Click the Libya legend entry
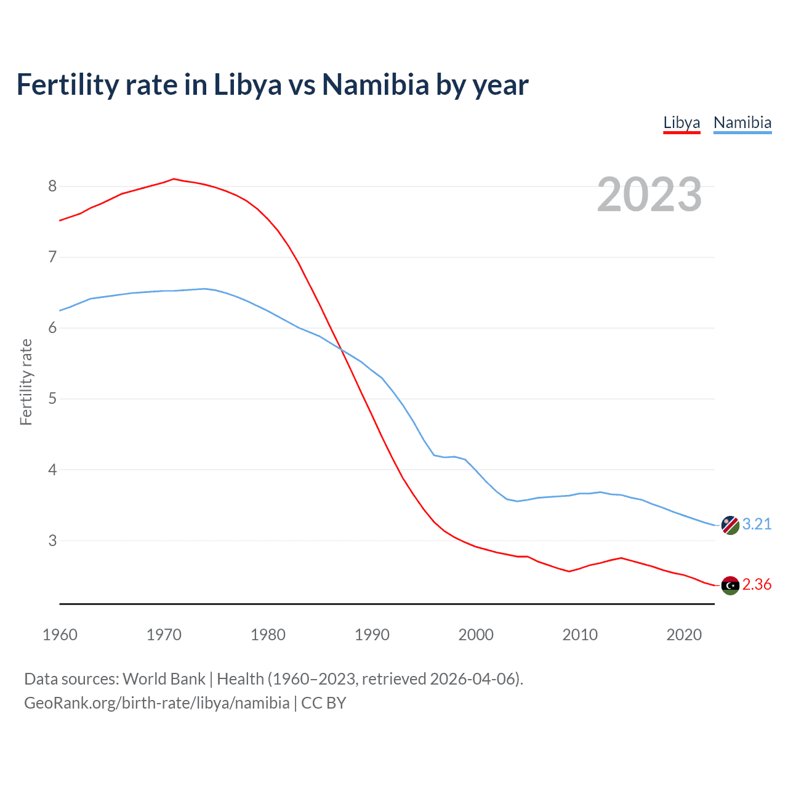[x=681, y=123]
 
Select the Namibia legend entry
[x=742, y=123]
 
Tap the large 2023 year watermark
[x=649, y=195]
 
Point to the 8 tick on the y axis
[x=52, y=186]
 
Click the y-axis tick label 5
[x=52, y=398]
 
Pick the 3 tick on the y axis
[x=52, y=541]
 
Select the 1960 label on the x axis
[x=60, y=635]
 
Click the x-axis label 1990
[x=372, y=635]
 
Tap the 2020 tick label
[x=684, y=635]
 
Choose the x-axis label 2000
[x=476, y=635]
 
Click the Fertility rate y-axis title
[x=26, y=382]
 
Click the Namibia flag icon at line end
[x=730, y=525]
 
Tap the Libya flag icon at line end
[x=730, y=585]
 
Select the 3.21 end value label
[x=757, y=524]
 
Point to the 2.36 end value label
[x=757, y=584]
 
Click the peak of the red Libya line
[x=174, y=179]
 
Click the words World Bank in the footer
[x=164, y=678]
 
